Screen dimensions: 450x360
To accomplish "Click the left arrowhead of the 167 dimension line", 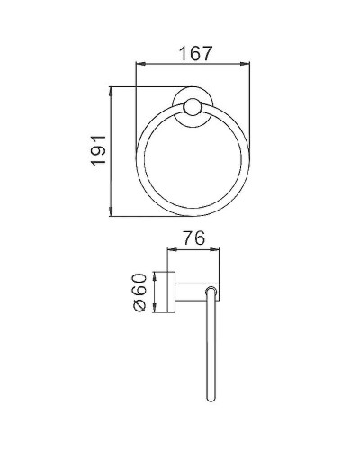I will tap(138, 64).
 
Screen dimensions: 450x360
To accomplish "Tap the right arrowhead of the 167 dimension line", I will tap(246, 64).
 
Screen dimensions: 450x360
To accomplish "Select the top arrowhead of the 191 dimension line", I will tap(112, 89).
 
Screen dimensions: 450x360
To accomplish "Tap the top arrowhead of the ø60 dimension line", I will tap(156, 272).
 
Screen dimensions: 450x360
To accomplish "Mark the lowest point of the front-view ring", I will tap(192, 215).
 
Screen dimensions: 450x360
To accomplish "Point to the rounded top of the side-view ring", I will tap(211, 289).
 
